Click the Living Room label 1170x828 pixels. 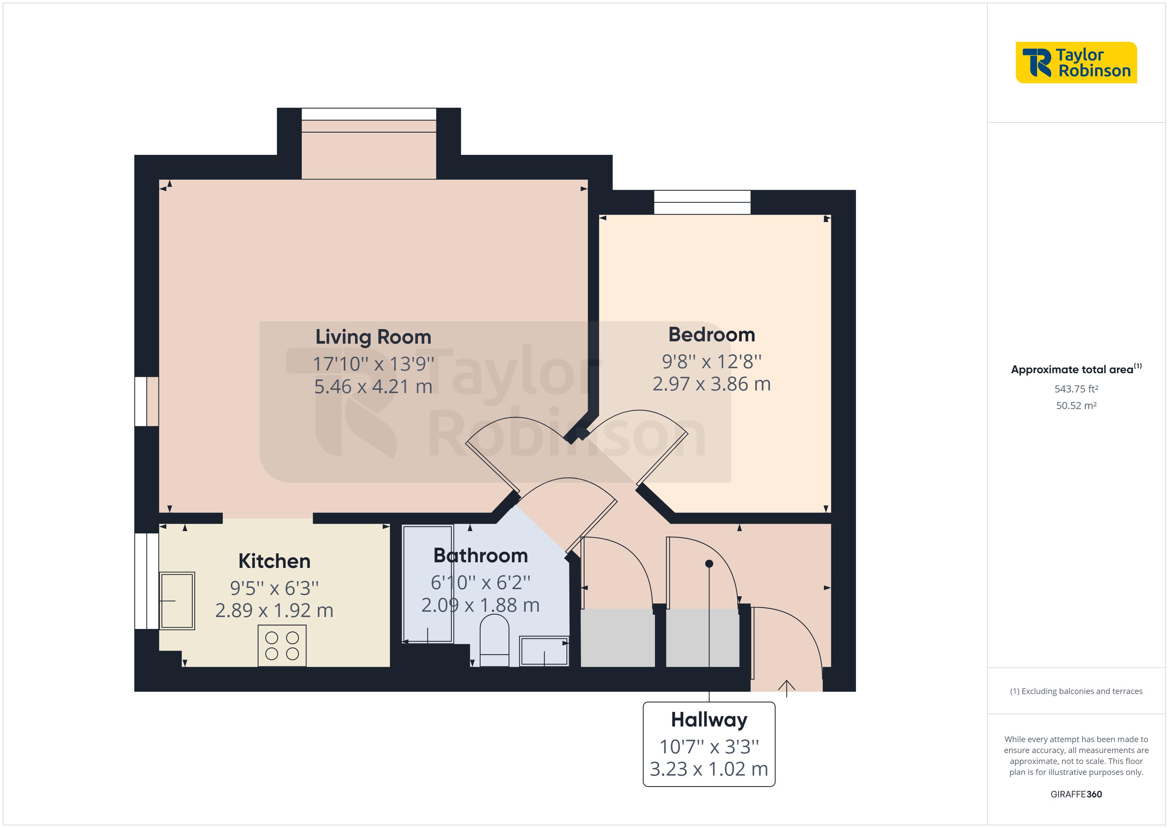tap(373, 337)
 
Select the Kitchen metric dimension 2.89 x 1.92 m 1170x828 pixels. tap(274, 610)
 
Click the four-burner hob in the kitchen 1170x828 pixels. tap(282, 646)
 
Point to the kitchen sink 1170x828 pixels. tap(177, 601)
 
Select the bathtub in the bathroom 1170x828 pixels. tap(427, 584)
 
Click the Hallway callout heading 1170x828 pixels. tap(709, 720)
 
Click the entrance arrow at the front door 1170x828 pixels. tap(786, 688)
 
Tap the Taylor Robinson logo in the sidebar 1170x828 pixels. tap(1076, 63)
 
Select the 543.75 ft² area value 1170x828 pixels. tap(1076, 389)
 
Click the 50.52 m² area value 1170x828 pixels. tap(1076, 406)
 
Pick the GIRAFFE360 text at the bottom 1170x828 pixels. tap(1076, 794)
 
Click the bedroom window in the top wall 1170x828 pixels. tap(702, 202)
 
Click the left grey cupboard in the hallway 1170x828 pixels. tap(617, 637)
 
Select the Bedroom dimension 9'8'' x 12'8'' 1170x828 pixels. tap(711, 362)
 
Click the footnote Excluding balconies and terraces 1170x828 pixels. tap(1076, 691)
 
